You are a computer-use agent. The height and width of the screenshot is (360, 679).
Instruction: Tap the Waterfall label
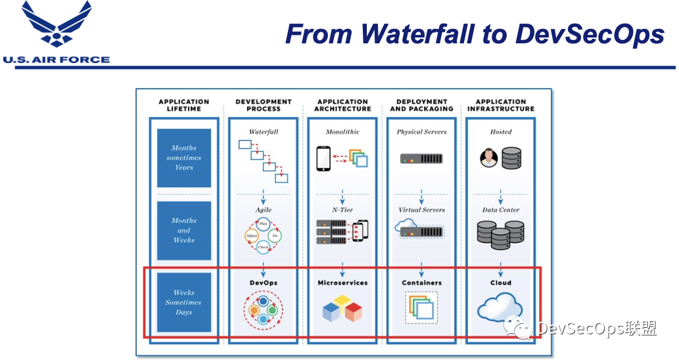point(264,132)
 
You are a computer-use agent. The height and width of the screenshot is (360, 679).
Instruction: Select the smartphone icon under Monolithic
point(323,158)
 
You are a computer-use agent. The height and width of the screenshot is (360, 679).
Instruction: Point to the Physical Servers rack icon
point(421,158)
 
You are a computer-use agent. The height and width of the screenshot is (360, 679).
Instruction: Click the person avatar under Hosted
point(487,158)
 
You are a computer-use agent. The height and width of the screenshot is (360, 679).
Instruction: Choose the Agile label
point(264,210)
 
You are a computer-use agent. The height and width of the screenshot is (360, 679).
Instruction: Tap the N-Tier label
point(342,210)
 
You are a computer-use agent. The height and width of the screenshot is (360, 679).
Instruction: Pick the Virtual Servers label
point(421,210)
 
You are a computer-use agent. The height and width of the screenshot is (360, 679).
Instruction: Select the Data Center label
point(501,210)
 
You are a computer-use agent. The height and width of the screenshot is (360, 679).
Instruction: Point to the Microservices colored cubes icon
point(342,309)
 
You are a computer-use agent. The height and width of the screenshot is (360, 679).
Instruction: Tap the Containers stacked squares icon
point(421,307)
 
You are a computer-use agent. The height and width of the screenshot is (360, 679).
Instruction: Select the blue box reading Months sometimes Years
point(184,158)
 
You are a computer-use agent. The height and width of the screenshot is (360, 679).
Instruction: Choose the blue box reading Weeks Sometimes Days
point(184,303)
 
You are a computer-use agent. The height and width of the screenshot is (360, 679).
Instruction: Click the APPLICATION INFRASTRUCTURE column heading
point(501,105)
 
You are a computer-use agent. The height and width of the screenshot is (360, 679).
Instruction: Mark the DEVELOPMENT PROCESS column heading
point(264,105)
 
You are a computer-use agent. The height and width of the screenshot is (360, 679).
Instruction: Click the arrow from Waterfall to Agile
point(264,195)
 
